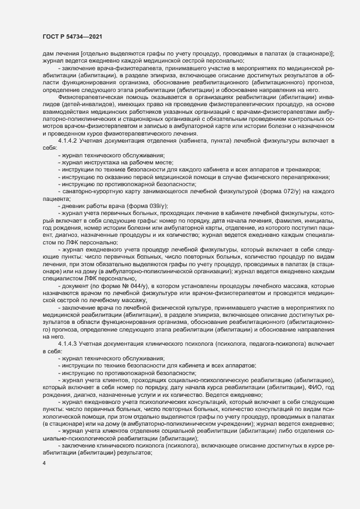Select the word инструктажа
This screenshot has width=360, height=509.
tap(105, 161)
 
